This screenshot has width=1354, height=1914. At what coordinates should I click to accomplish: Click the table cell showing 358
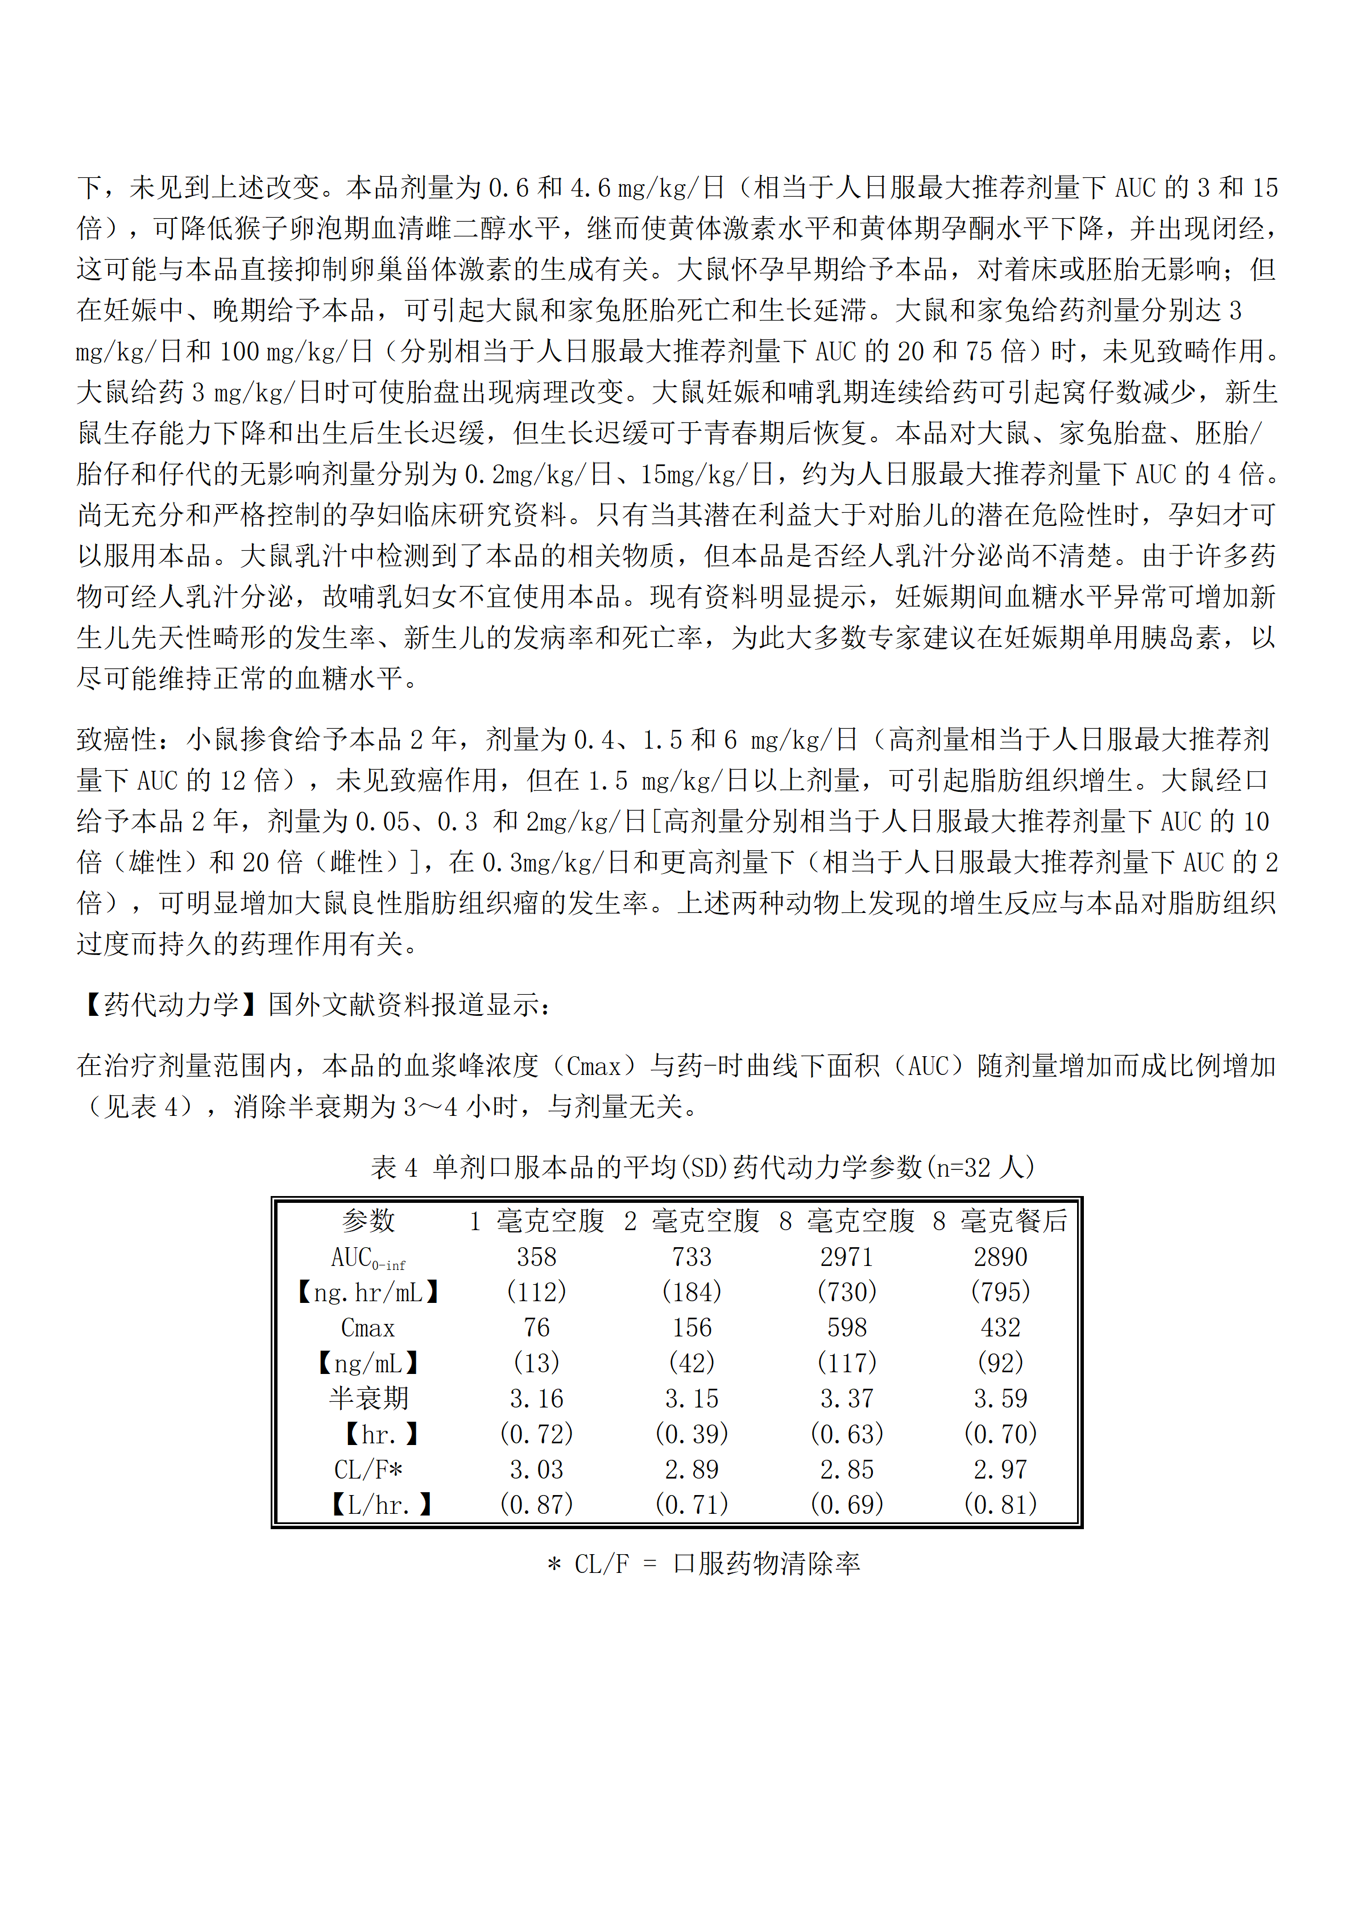tap(536, 1257)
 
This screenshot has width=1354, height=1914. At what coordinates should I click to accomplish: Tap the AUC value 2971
tap(846, 1257)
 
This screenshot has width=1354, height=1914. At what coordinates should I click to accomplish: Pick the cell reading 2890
tap(1000, 1257)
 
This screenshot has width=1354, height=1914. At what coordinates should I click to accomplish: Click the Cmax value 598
tap(846, 1328)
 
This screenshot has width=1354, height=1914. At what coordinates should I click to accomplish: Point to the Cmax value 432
tap(1000, 1328)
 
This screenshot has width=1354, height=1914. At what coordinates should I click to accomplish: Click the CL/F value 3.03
tap(536, 1469)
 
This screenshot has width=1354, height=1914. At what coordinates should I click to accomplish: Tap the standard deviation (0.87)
tap(536, 1505)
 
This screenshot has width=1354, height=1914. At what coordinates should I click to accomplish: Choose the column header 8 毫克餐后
tap(1000, 1221)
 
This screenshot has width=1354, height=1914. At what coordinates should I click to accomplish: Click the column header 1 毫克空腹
tap(536, 1221)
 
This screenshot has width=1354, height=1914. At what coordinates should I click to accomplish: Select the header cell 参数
tap(368, 1221)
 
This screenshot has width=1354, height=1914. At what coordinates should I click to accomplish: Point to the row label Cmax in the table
tap(368, 1328)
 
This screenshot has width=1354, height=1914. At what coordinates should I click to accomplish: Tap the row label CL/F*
tap(368, 1469)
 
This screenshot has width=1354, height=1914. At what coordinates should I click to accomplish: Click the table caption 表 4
tap(394, 1167)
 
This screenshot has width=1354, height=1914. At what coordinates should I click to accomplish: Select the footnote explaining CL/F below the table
tap(703, 1564)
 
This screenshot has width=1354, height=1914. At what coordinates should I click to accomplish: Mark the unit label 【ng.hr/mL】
tap(368, 1293)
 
